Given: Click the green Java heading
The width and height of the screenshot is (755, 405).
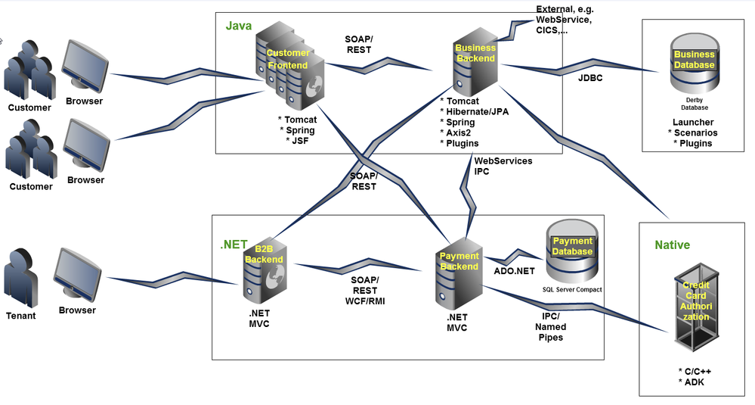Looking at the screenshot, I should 238,26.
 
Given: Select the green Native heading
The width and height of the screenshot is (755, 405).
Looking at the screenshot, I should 672,245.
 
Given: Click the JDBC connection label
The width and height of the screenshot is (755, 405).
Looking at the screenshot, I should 590,78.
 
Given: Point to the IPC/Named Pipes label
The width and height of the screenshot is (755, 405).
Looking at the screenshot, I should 550,327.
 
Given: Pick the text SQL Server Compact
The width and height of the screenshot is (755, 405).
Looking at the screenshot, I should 572,289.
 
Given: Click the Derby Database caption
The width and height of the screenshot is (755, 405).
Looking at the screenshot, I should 693,103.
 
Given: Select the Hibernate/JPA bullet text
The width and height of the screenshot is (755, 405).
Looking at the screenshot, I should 474,111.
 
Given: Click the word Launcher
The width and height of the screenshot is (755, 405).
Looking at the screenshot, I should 693,122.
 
